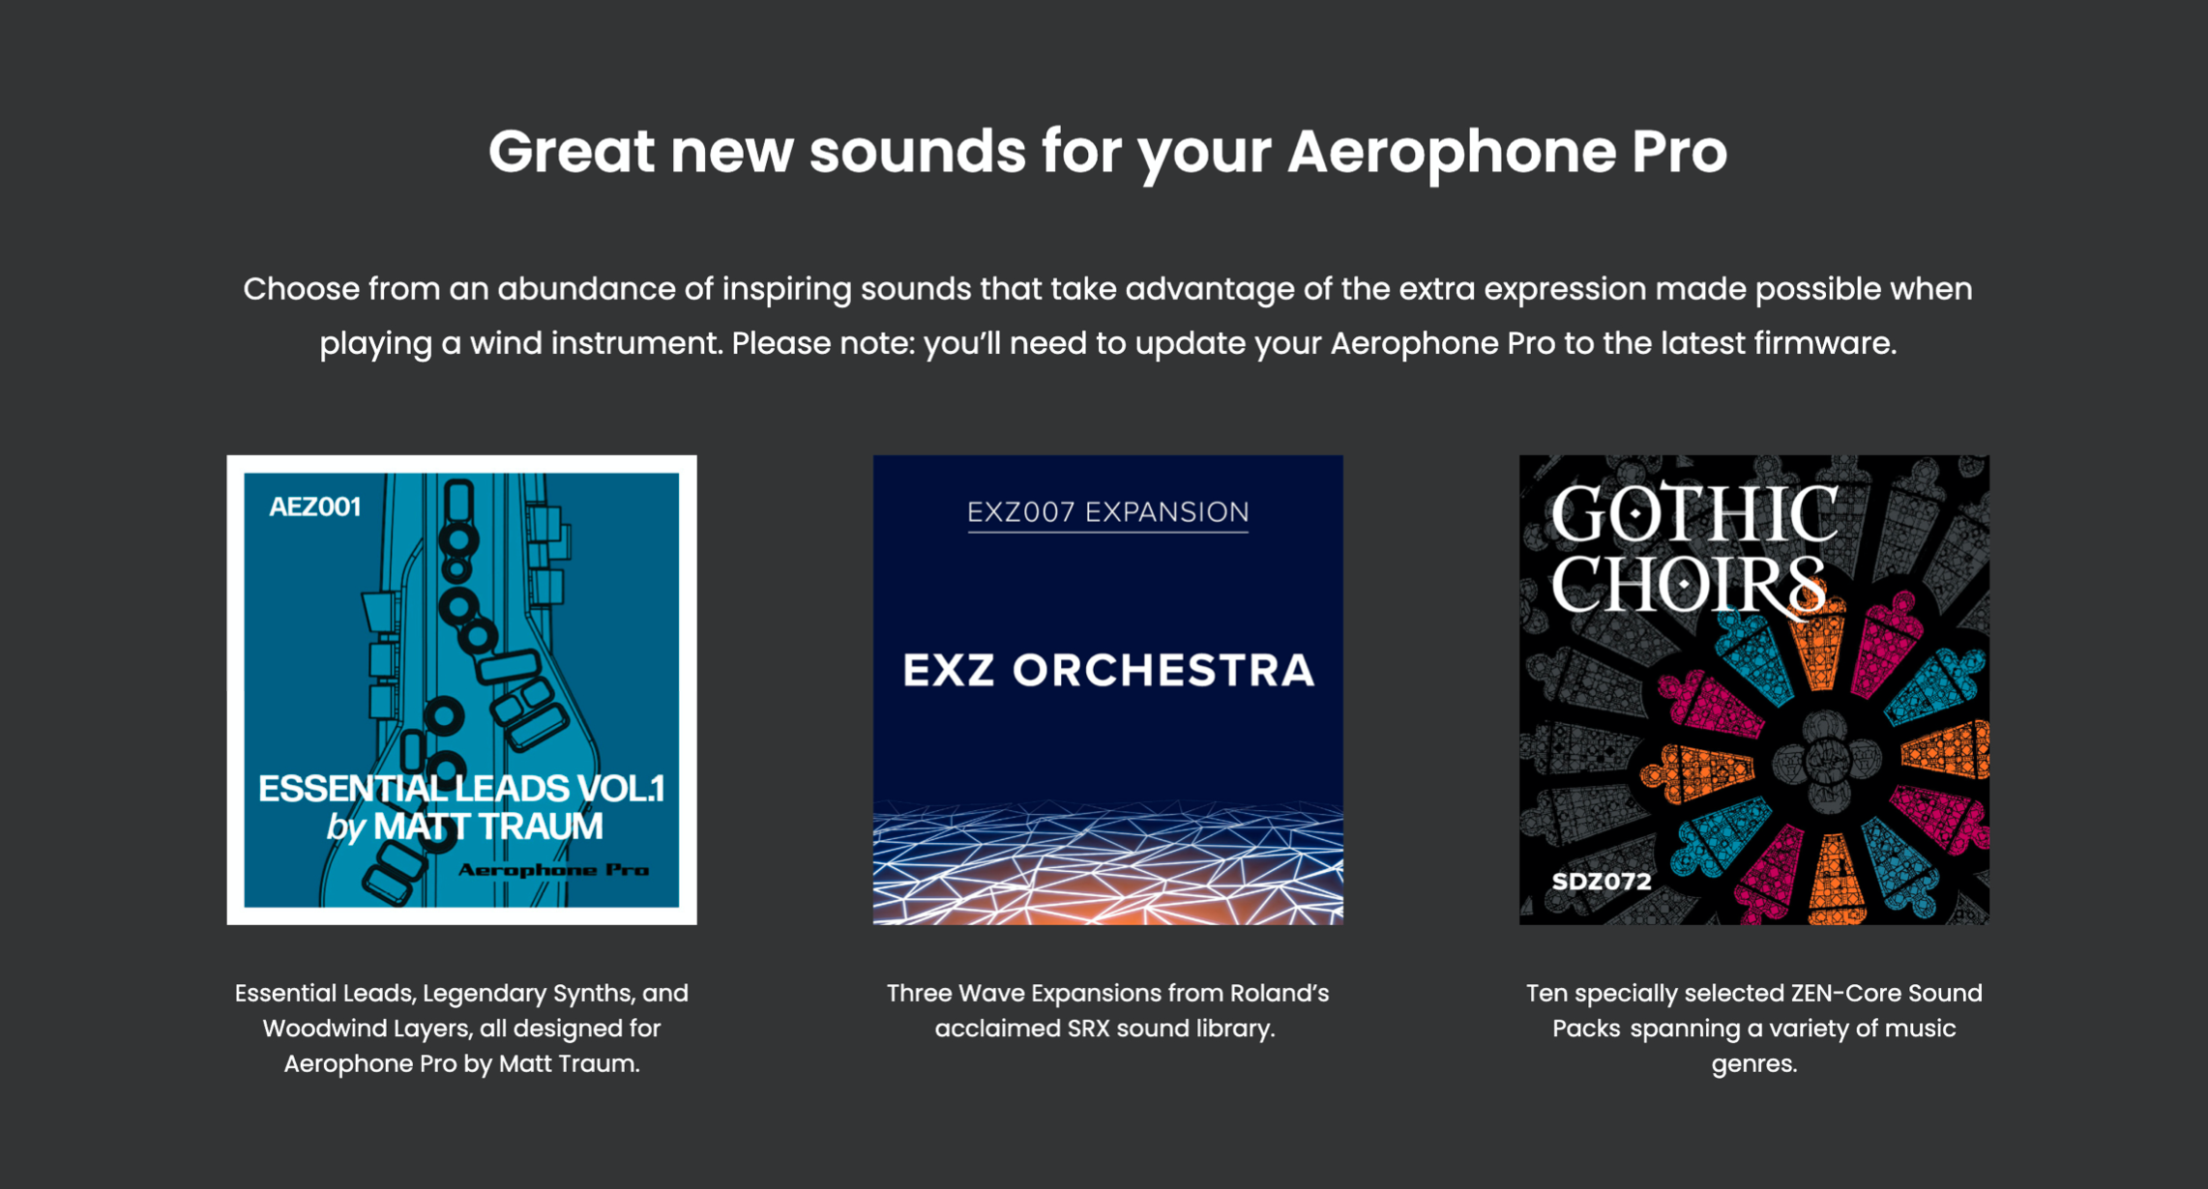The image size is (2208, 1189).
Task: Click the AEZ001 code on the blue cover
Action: (315, 507)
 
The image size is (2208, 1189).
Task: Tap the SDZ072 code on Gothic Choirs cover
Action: (1602, 881)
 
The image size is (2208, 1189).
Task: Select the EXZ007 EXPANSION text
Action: (1108, 511)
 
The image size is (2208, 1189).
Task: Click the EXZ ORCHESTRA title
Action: (1108, 670)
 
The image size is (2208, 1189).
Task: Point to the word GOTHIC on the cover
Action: (1694, 514)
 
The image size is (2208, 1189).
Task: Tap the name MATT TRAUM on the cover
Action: (488, 826)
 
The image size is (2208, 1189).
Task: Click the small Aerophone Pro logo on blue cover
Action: (553, 870)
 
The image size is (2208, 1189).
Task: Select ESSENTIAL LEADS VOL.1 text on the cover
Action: (461, 788)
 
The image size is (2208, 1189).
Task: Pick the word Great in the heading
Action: (571, 152)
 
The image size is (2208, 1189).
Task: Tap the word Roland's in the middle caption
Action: (1279, 993)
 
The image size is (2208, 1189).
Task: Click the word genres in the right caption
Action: (1753, 1064)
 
